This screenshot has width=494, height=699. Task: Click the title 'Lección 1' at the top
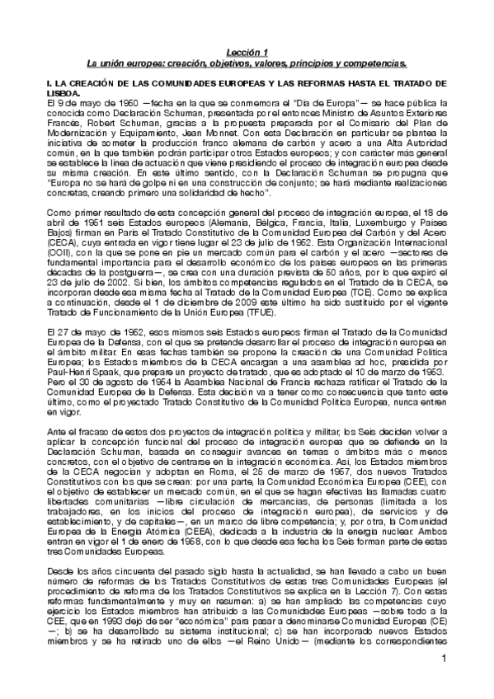pos(247,50)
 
